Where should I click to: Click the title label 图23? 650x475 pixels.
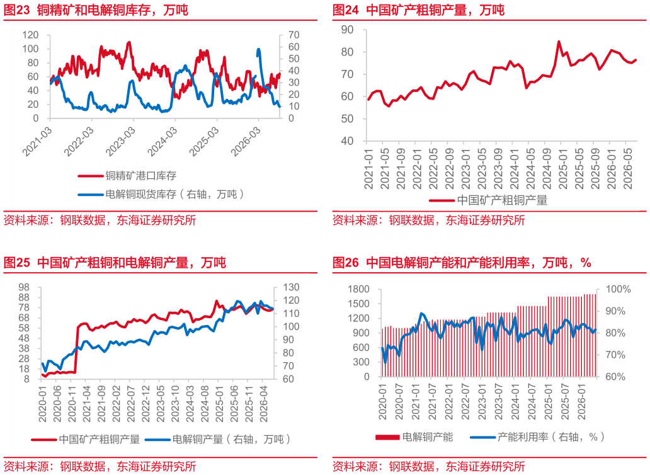[17, 9]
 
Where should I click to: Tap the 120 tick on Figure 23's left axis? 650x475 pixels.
[30, 35]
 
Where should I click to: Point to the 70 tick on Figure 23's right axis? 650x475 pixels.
[294, 35]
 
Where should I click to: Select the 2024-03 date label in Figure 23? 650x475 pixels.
[163, 141]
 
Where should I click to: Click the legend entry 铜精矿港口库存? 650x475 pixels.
[140, 176]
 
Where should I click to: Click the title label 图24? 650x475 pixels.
[346, 9]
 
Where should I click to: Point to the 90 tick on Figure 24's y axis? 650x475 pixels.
[348, 30]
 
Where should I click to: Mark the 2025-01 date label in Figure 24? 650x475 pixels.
[562, 169]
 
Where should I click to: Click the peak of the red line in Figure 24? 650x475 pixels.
[559, 42]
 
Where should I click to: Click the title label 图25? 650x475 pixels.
[17, 262]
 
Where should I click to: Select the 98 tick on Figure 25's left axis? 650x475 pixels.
[24, 287]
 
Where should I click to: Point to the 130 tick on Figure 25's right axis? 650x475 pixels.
[292, 287]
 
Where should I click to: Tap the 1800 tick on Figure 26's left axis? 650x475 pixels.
[358, 289]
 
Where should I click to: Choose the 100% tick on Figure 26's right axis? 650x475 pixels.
[619, 289]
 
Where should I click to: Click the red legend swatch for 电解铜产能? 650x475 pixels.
[387, 437]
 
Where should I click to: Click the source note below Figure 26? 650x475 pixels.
[429, 466]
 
